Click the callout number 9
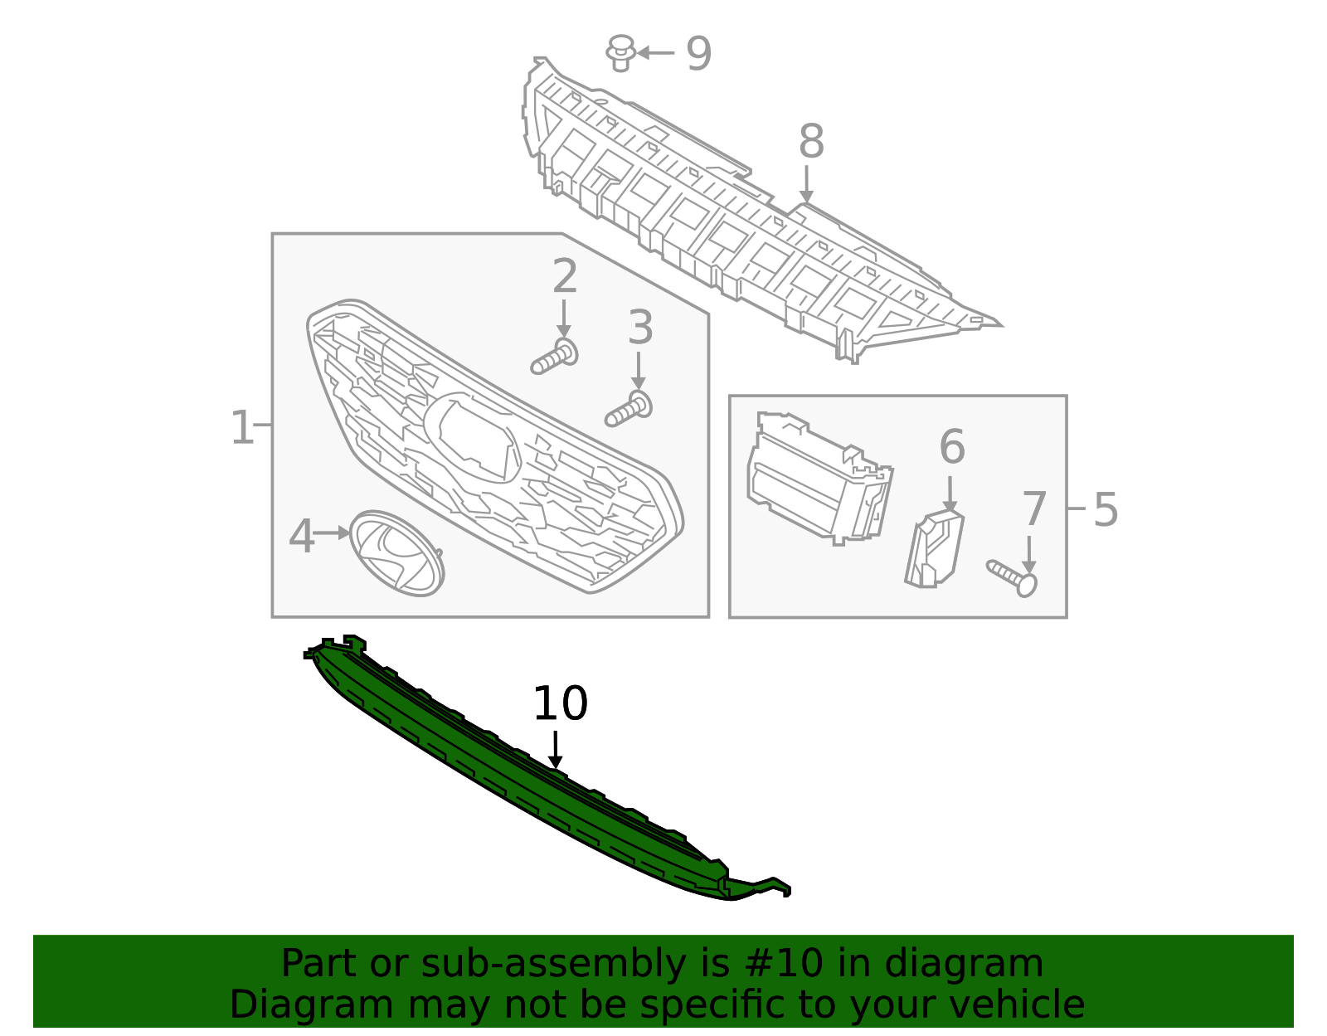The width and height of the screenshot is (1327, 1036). (x=698, y=54)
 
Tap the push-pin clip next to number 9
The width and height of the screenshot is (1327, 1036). (x=620, y=53)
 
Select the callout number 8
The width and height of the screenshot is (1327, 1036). (x=811, y=142)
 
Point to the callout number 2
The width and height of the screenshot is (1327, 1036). (x=565, y=276)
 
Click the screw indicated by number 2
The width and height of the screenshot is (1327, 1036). (x=554, y=358)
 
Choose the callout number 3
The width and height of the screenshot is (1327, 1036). (x=639, y=328)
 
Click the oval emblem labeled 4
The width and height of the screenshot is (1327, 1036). (x=396, y=553)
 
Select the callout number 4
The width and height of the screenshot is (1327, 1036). (x=301, y=537)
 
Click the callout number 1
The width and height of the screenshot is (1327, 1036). (x=241, y=428)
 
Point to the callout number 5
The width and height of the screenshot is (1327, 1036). (x=1106, y=509)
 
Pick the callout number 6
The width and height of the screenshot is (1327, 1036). (x=952, y=447)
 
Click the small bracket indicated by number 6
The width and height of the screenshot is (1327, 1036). (x=935, y=550)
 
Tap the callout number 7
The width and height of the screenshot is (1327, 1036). (x=1034, y=509)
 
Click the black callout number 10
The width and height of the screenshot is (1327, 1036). (x=560, y=704)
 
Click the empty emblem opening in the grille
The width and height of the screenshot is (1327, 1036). (x=475, y=435)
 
